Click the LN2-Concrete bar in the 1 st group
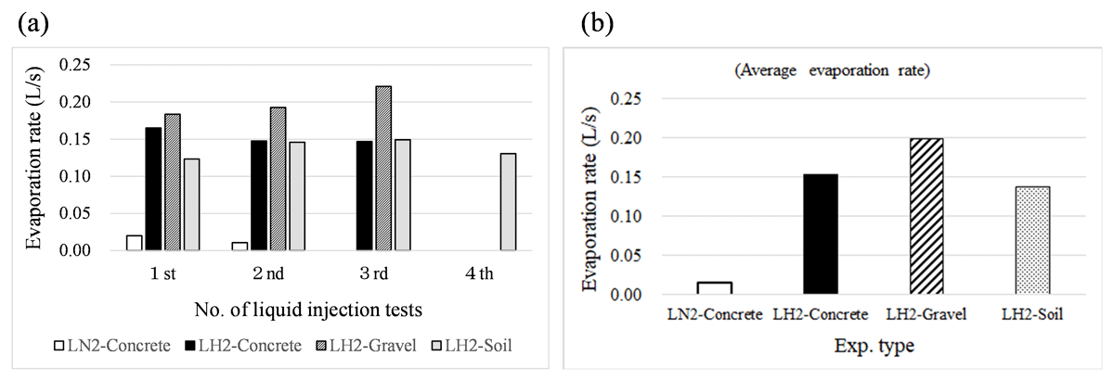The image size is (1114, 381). (135, 242)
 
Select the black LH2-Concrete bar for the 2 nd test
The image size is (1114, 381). (259, 196)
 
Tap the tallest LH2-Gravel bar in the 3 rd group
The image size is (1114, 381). (382, 168)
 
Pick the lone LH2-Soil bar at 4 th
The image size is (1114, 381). (508, 202)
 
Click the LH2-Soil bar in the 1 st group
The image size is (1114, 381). (191, 204)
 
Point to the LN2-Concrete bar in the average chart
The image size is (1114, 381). (714, 288)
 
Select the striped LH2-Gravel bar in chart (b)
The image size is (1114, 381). (926, 216)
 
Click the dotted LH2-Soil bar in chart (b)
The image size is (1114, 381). (1032, 240)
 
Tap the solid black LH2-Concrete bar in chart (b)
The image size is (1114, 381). (820, 234)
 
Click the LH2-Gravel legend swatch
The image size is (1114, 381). (321, 346)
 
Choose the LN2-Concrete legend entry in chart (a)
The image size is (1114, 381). (112, 345)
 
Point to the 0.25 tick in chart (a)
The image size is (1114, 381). (74, 65)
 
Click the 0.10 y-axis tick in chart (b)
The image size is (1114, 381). (626, 216)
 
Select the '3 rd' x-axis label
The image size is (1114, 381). (374, 273)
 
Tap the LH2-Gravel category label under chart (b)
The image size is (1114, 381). (926, 314)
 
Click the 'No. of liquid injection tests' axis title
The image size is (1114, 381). (308, 310)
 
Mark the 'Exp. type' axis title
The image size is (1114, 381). (874, 345)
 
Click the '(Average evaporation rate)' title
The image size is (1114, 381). (832, 70)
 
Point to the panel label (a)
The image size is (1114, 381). (32, 23)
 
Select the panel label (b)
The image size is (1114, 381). (597, 23)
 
